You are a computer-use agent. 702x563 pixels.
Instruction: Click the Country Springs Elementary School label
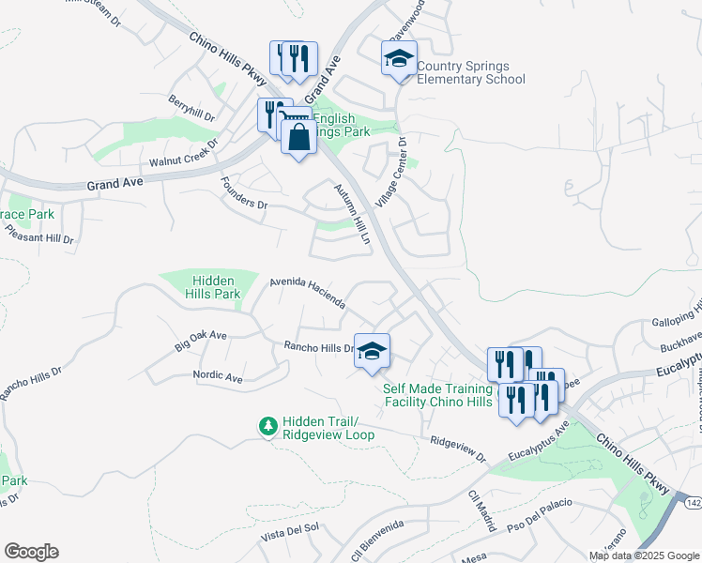click(470, 73)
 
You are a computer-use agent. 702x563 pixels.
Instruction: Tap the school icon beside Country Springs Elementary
click(399, 59)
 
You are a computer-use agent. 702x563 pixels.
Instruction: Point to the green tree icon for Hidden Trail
click(267, 426)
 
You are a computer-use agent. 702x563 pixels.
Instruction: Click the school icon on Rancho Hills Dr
click(372, 351)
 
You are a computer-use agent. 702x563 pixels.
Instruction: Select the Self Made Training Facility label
click(437, 395)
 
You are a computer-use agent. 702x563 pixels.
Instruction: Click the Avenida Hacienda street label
click(308, 293)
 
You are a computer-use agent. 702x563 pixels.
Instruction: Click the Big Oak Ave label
click(201, 341)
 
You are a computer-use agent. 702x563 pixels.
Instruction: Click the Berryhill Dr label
click(192, 109)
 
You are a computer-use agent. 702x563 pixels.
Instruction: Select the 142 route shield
click(693, 504)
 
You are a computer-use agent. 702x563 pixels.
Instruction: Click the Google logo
click(31, 552)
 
